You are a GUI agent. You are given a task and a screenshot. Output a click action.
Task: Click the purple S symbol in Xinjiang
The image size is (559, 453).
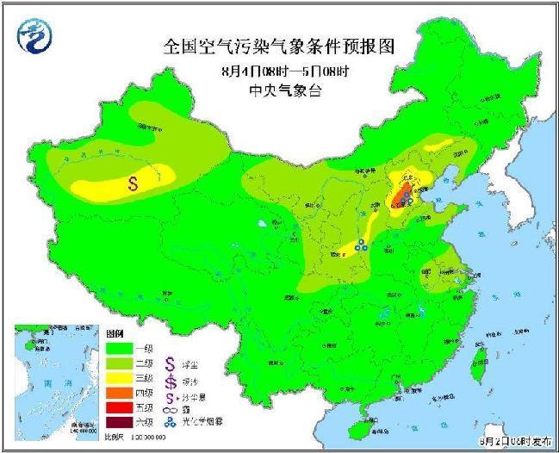pyautogui.click(x=134, y=183)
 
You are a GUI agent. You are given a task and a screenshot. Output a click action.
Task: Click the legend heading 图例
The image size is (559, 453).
pyautogui.click(x=115, y=332)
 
